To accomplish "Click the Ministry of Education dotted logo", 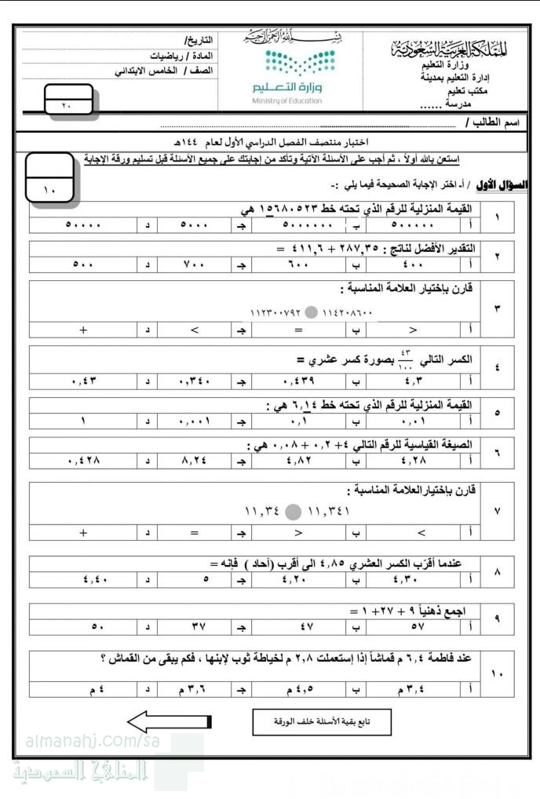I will click(287, 60).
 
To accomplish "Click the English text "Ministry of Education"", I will click(287, 101).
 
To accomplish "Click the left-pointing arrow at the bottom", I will click(170, 721).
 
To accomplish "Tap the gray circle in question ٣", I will click(312, 313).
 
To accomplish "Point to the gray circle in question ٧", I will click(291, 512).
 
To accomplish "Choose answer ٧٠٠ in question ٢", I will click(193, 265).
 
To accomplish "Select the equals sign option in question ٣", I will click(297, 330).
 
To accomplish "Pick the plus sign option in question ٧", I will click(82, 532).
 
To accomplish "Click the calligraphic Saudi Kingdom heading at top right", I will click(448, 48).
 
